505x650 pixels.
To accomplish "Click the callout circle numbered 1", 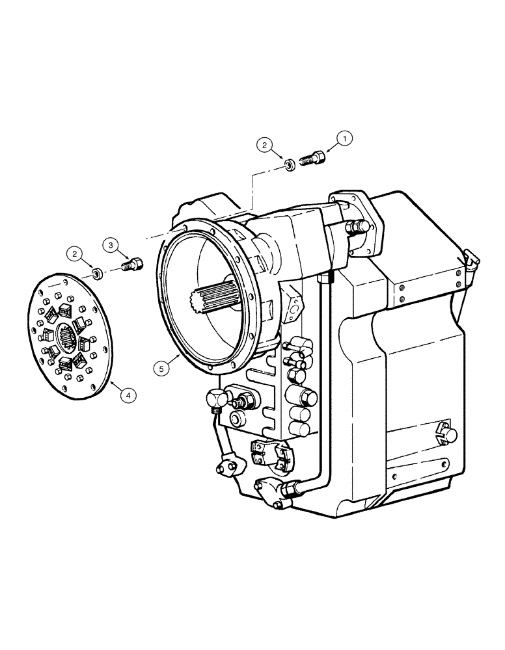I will [x=346, y=137].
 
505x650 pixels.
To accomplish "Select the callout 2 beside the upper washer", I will [x=264, y=145].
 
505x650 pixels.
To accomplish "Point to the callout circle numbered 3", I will [x=111, y=245].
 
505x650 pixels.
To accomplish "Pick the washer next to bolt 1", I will [x=290, y=166].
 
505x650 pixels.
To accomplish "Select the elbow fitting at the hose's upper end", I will [x=215, y=397].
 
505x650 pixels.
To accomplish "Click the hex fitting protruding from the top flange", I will [x=357, y=227].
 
